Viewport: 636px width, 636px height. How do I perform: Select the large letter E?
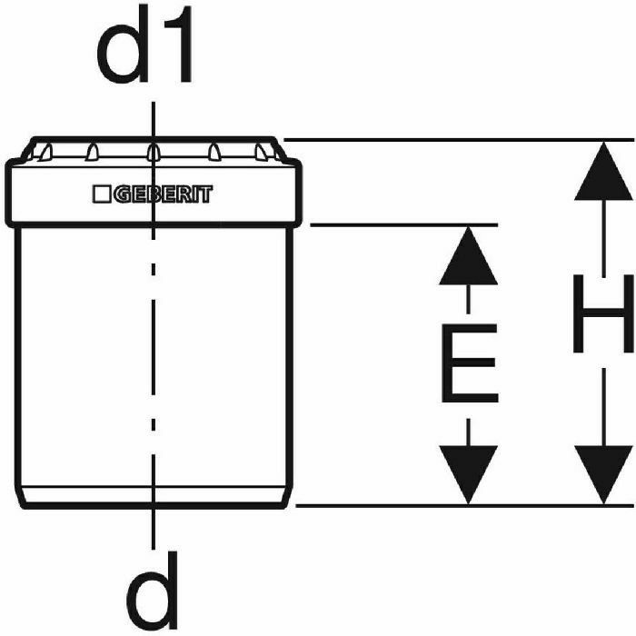click(x=469, y=363)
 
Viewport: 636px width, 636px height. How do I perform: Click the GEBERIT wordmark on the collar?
click(x=163, y=194)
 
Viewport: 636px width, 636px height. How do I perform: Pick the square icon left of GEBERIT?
click(x=102, y=194)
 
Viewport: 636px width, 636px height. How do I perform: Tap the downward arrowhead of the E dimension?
click(x=468, y=473)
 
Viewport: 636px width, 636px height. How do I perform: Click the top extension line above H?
click(x=454, y=140)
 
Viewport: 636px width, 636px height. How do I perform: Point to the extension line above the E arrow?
click(x=400, y=224)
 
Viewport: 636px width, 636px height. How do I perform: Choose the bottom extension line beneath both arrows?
click(x=454, y=505)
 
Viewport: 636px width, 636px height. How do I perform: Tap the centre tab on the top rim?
click(x=154, y=150)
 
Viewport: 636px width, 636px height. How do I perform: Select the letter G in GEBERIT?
click(x=121, y=194)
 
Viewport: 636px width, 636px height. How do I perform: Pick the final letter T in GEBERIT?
click(x=207, y=194)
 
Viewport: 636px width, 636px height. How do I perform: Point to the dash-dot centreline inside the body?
click(x=154, y=363)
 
